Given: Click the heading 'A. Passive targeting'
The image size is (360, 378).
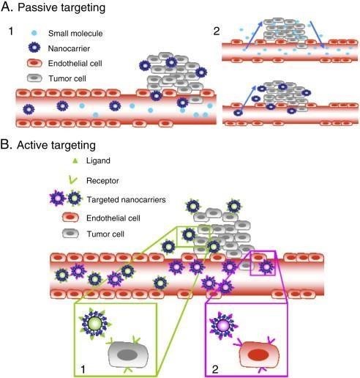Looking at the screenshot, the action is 53,7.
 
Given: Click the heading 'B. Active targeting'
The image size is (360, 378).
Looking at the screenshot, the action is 48,145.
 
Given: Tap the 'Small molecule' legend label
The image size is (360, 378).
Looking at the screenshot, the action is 75,33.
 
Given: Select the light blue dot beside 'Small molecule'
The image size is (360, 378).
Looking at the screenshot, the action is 34,33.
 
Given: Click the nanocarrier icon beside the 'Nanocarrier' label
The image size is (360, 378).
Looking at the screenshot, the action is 34,48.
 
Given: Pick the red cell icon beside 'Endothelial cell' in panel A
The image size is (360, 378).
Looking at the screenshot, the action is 34,63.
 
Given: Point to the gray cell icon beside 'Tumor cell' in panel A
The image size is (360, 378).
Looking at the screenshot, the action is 34,78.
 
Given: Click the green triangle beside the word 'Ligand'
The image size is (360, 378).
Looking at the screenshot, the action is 75,160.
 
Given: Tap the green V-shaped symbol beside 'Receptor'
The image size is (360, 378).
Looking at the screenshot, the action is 72,180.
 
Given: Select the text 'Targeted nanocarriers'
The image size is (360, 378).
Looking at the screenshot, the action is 127,200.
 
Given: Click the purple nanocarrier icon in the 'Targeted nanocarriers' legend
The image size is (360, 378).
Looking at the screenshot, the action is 58,199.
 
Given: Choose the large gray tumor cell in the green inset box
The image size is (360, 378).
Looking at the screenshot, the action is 128,355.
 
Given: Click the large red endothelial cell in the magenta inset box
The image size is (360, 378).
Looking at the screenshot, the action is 259,355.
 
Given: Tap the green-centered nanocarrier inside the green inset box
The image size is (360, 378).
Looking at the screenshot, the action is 95,324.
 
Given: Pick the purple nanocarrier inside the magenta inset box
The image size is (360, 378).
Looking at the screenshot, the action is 224,325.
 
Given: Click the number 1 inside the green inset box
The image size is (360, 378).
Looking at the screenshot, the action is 83,369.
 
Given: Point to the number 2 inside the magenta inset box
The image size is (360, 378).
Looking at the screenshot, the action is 215,369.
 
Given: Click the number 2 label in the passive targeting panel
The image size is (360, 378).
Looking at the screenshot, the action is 217,31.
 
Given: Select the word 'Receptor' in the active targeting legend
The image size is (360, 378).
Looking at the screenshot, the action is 102,181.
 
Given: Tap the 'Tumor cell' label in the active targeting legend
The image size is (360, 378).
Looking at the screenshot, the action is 105,234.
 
